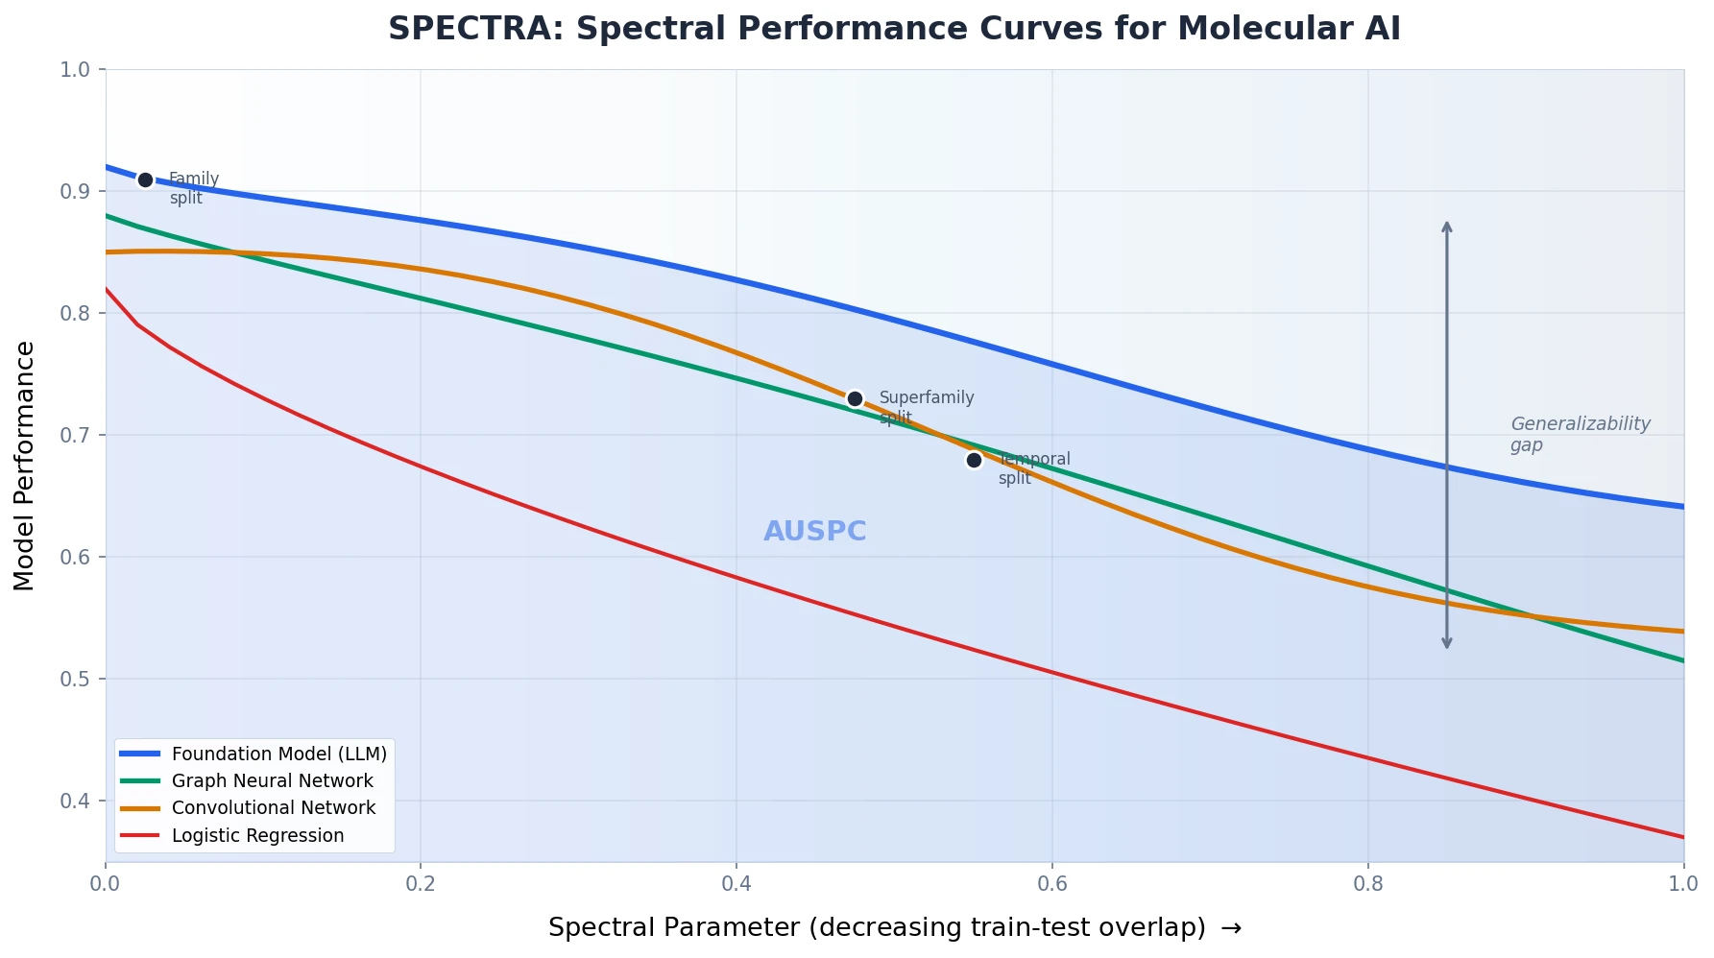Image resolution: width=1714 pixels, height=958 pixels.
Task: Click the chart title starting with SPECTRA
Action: click(x=894, y=29)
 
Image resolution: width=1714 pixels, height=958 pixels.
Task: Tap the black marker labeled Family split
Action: click(x=145, y=180)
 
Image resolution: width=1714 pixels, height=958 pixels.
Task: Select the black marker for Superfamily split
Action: click(x=855, y=398)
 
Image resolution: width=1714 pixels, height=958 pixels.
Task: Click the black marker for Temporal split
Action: click(x=974, y=460)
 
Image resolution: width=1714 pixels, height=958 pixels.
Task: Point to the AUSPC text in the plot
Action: click(x=814, y=531)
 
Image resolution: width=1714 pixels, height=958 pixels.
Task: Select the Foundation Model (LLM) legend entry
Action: click(x=278, y=754)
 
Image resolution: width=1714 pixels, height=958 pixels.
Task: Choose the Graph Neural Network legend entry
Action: click(x=272, y=780)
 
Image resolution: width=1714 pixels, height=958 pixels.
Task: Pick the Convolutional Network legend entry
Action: click(x=273, y=807)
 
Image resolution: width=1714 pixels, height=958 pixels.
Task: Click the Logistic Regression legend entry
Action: click(x=257, y=835)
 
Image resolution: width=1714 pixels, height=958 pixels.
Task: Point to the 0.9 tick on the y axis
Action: click(x=75, y=191)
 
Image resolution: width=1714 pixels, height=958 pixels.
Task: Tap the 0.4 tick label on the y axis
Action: click(x=75, y=801)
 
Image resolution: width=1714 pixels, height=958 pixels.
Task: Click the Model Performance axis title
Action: click(x=25, y=466)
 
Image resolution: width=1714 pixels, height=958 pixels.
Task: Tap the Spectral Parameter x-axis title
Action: click(x=894, y=927)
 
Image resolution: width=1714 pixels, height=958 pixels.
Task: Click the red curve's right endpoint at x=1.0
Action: click(x=1682, y=837)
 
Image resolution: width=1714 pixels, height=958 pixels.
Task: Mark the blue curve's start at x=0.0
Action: click(x=108, y=167)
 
